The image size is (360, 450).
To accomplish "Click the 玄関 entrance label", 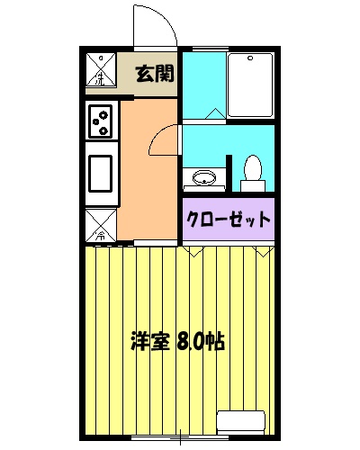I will coord(154,73).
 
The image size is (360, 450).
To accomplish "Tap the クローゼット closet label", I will coord(229,219).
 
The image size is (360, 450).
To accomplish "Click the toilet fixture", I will coord(253,172).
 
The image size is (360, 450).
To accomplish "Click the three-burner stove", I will coord(102,121).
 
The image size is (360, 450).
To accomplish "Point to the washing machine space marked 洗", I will coord(102,68).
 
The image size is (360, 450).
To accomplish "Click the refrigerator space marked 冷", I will coord(102,225).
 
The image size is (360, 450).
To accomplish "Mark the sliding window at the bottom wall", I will coord(180,439).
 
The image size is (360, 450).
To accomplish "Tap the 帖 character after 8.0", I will coord(215,342).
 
